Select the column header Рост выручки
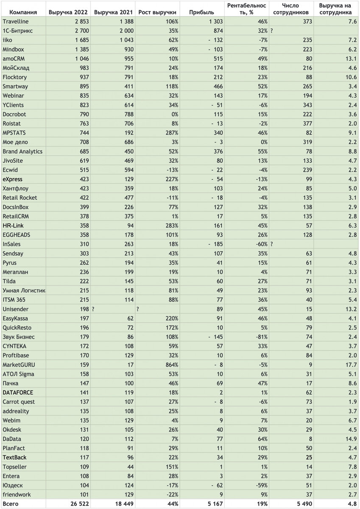[157, 12]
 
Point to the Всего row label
[11, 503]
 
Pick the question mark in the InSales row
[272, 244]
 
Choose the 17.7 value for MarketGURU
[350, 364]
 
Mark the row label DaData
[12, 439]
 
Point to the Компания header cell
[23, 12]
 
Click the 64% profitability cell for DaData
[262, 439]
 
